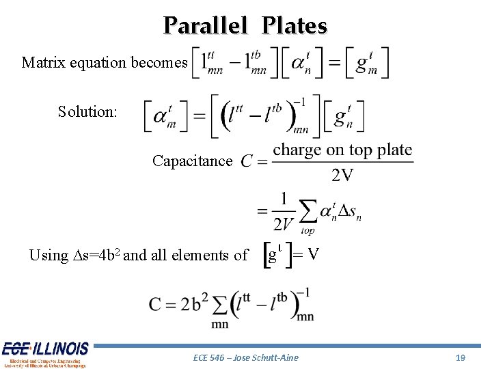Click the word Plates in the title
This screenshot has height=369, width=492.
[x=295, y=26]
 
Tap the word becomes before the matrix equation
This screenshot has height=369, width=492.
[x=159, y=63]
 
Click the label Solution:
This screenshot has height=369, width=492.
[x=87, y=111]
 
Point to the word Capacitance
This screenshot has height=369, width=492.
[x=192, y=161]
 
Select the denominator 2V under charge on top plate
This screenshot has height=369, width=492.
[x=342, y=175]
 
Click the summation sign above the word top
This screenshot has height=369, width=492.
[x=308, y=211]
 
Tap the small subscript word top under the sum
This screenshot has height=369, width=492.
[x=307, y=231]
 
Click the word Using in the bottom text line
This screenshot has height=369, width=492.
[x=48, y=256]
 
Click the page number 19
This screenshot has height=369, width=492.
[x=460, y=357]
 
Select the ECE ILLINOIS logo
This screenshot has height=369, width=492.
[x=44, y=353]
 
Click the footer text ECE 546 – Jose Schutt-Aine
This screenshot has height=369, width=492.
[x=246, y=357]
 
